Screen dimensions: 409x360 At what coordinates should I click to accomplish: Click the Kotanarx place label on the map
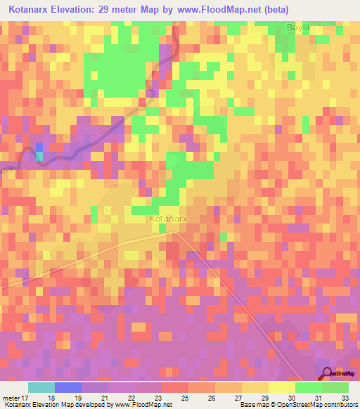pyautogui.click(x=169, y=219)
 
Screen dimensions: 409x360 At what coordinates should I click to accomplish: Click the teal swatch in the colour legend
pyautogui.click(x=41, y=387)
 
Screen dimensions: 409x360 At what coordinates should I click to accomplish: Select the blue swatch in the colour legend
pyautogui.click(x=68, y=387)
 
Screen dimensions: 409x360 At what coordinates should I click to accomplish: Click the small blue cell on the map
pyautogui.click(x=39, y=146)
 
